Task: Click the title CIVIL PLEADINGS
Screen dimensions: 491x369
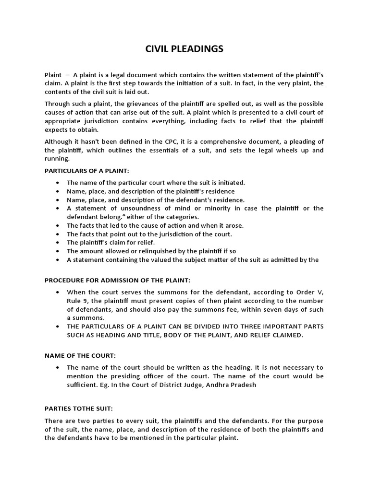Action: point(184,49)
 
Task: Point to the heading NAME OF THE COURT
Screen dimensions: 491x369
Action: point(80,355)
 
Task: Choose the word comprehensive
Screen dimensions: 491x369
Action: point(223,141)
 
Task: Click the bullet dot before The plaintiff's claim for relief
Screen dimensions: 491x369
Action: point(58,243)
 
